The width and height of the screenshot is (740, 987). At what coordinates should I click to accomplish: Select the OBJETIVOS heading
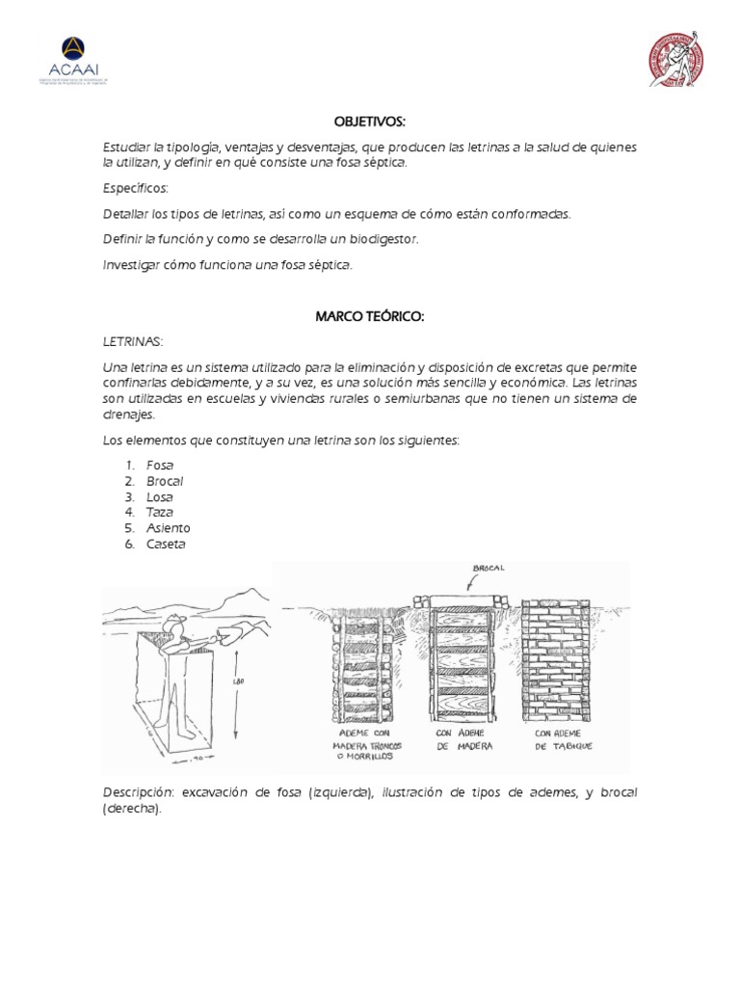click(x=369, y=122)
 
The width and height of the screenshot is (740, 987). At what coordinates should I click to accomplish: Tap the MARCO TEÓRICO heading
click(x=369, y=318)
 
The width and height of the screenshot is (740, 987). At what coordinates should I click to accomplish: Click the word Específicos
click(x=135, y=188)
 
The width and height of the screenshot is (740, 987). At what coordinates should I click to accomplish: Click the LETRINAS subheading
click(x=133, y=341)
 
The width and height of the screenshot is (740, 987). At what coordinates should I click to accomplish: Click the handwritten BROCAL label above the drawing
click(x=489, y=569)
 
